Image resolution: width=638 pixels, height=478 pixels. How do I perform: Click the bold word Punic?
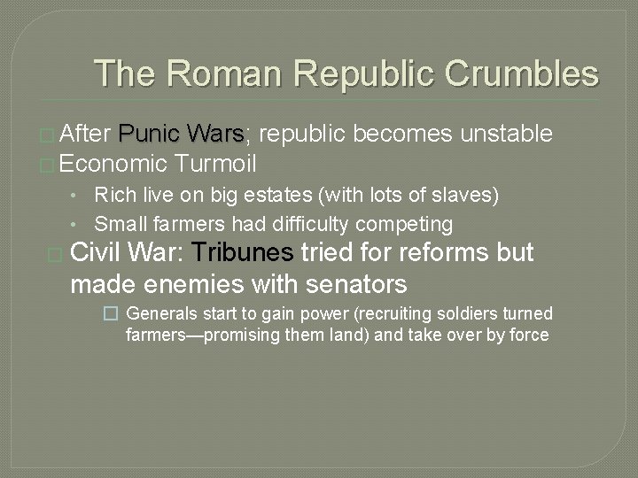point(150,135)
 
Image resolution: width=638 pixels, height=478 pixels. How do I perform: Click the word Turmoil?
point(216,164)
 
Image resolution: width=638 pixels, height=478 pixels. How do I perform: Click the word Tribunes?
point(242,253)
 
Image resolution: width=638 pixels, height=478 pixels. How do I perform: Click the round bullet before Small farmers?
point(80,224)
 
